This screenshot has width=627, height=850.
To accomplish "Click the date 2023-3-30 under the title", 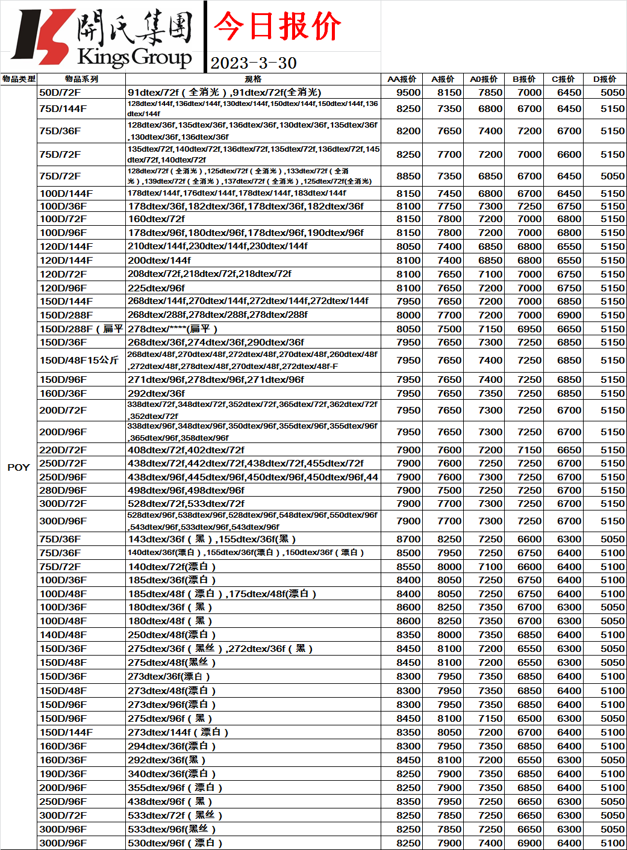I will pyautogui.click(x=254, y=63).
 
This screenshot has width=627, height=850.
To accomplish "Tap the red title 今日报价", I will pyautogui.click(x=277, y=26).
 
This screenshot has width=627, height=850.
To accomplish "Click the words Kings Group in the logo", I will pyautogui.click(x=134, y=57).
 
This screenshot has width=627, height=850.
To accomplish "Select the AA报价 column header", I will pyautogui.click(x=402, y=79).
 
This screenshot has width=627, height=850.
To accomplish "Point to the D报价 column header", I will pyautogui.click(x=605, y=79).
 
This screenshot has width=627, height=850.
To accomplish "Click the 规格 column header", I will pyautogui.click(x=253, y=79).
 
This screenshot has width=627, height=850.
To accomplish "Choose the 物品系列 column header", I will pyautogui.click(x=81, y=79).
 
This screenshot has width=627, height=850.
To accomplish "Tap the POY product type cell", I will pyautogui.click(x=19, y=467).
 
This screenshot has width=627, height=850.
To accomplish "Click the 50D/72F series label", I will pyautogui.click(x=60, y=92).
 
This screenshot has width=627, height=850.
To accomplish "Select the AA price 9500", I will pyautogui.click(x=408, y=92).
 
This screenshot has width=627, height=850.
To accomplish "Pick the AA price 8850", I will pyautogui.click(x=408, y=176).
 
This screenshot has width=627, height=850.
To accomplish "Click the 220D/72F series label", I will pyautogui.click(x=63, y=450).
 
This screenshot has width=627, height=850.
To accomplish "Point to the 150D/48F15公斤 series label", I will pyautogui.click(x=79, y=360).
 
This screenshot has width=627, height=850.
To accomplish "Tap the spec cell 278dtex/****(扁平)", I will pyautogui.click(x=173, y=329).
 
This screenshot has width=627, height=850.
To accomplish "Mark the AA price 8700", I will pyautogui.click(x=408, y=539).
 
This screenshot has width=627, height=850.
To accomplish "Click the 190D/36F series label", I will pyautogui.click(x=63, y=774).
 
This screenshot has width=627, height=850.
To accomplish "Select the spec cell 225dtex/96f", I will pyautogui.click(x=157, y=288).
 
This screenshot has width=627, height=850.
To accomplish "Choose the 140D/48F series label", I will pyautogui.click(x=63, y=634).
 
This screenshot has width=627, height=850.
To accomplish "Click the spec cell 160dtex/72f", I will pyautogui.click(x=157, y=219).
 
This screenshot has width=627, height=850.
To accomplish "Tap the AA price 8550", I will pyautogui.click(x=408, y=566).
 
